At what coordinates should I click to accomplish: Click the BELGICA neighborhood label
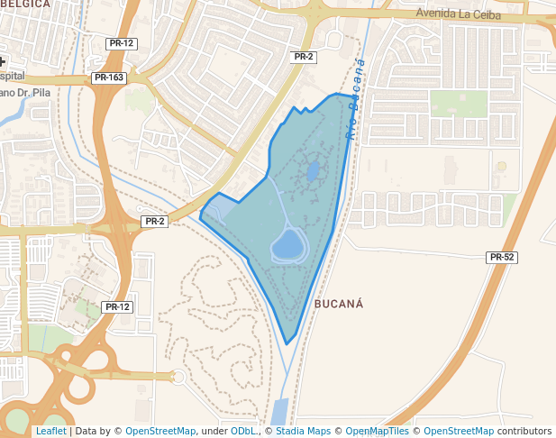[25, 5]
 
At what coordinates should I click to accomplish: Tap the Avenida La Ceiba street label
[457, 14]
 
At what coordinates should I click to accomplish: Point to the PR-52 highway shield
[502, 258]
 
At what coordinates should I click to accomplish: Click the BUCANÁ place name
[339, 304]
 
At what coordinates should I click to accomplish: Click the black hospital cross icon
[3, 62]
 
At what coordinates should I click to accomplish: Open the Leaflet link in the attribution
[50, 432]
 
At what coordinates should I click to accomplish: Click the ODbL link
[243, 432]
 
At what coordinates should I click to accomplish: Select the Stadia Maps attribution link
[303, 432]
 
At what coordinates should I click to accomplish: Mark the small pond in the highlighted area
[312, 170]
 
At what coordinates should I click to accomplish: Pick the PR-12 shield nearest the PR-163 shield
[121, 43]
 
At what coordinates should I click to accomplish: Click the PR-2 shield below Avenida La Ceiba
[304, 57]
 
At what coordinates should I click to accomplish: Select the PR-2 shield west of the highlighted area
[154, 222]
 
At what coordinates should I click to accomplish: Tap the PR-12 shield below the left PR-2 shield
[118, 307]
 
